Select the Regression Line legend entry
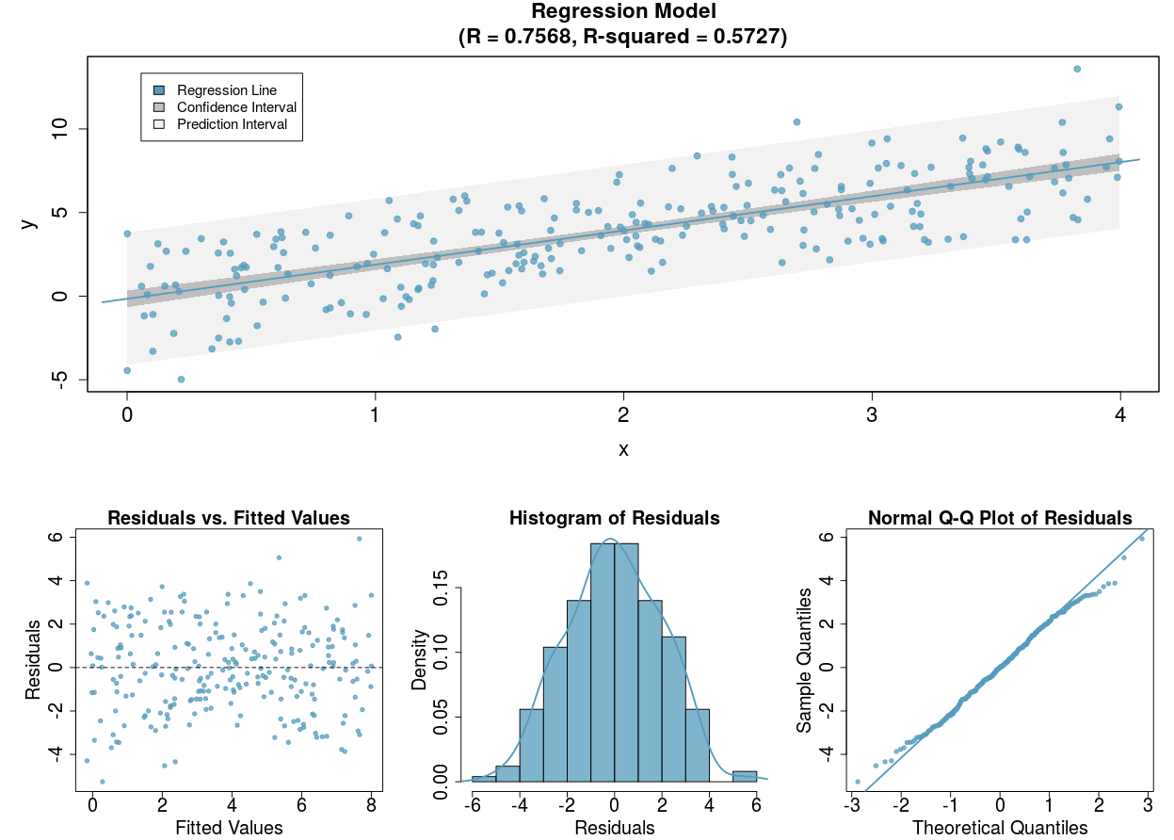pos(227,90)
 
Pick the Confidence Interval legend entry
pos(236,107)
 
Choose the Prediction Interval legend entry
pos(232,124)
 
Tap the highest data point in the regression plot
pos(1077,69)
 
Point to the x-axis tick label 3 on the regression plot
pos(872,415)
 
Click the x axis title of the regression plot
pos(623,449)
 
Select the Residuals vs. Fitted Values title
pos(229,518)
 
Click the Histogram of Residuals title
pos(614,518)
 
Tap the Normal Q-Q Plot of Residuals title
pos(1000,518)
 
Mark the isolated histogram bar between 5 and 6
pos(745,776)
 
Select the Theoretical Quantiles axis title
pos(1000,828)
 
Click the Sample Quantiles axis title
pos(804,661)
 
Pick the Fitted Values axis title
pos(229,828)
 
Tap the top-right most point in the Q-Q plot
pos(1142,539)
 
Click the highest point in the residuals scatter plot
pos(359,539)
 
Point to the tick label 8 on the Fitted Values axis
pos(371,805)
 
